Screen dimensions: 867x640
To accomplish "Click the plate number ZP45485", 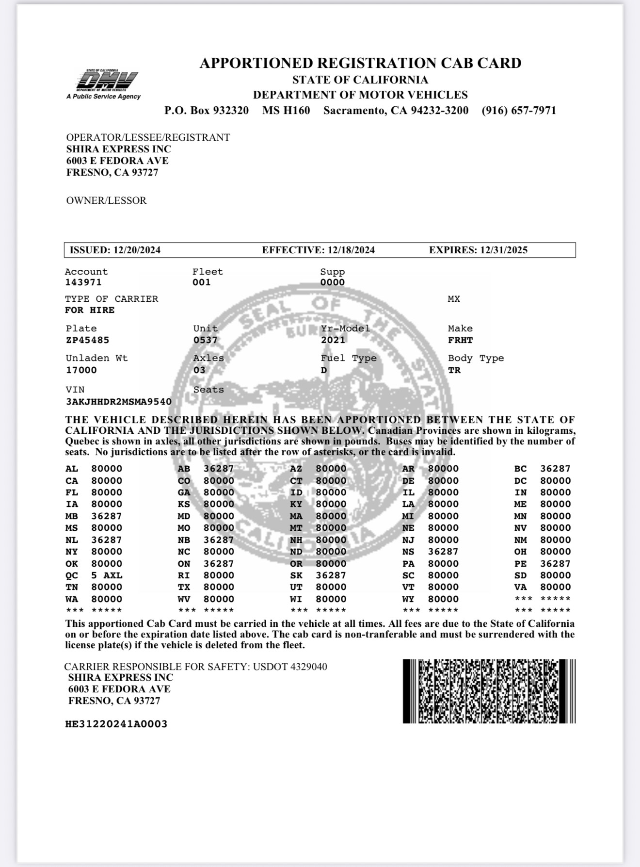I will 88,340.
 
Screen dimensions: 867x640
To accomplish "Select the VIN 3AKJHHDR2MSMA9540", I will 119,402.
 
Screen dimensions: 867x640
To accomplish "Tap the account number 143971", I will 83,282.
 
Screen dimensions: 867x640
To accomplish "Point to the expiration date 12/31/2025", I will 504,250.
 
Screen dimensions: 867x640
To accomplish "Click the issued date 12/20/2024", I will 137,250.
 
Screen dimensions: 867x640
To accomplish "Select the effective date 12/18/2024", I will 351,250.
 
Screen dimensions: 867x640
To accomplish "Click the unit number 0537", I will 206,340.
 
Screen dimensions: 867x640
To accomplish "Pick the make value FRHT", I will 460,340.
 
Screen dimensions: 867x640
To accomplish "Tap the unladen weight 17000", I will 81,370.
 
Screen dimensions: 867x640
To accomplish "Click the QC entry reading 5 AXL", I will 107,575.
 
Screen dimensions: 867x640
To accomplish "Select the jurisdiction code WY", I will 408,599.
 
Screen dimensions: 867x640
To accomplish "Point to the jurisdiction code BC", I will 520,469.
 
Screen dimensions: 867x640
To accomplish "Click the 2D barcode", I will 489,691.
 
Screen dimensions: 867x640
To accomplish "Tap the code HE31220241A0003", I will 116,724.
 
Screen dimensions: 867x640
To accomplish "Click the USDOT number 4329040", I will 308,667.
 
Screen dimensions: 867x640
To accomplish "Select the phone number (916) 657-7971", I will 519,111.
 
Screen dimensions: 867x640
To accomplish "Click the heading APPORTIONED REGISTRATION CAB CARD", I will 360,63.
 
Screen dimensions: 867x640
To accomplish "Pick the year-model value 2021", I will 333,340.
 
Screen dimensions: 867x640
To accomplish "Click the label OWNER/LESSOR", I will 106,200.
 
